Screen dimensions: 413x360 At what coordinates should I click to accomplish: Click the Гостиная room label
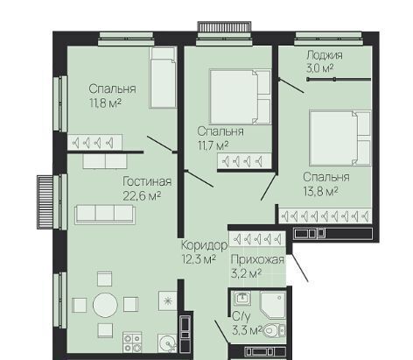point(147,182)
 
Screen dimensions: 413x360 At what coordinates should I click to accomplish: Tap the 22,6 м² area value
point(142,196)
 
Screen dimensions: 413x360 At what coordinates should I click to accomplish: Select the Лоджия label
point(325,55)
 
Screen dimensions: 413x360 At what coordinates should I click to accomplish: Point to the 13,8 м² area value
point(320,192)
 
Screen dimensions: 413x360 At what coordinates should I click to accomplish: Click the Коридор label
point(204,245)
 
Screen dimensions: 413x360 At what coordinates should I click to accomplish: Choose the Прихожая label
point(257,259)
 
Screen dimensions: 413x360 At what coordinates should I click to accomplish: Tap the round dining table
point(105,305)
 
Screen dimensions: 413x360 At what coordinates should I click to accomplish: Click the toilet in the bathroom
point(275,330)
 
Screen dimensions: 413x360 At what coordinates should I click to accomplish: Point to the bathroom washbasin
point(242,299)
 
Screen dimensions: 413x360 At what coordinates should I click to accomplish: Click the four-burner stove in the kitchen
point(132,342)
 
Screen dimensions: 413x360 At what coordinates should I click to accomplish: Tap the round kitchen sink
point(168,342)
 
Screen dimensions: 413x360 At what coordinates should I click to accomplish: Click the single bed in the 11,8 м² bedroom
point(163,77)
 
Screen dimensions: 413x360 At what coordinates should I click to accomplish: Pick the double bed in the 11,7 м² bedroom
point(240,96)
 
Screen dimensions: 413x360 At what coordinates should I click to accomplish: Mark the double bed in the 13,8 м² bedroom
point(340,138)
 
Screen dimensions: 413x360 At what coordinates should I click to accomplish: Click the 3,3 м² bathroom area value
point(247,331)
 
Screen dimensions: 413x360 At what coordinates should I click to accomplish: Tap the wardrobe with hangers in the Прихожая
point(257,239)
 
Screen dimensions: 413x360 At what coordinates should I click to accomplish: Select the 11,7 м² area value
point(213,145)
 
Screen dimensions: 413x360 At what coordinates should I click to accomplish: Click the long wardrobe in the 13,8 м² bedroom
point(325,216)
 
